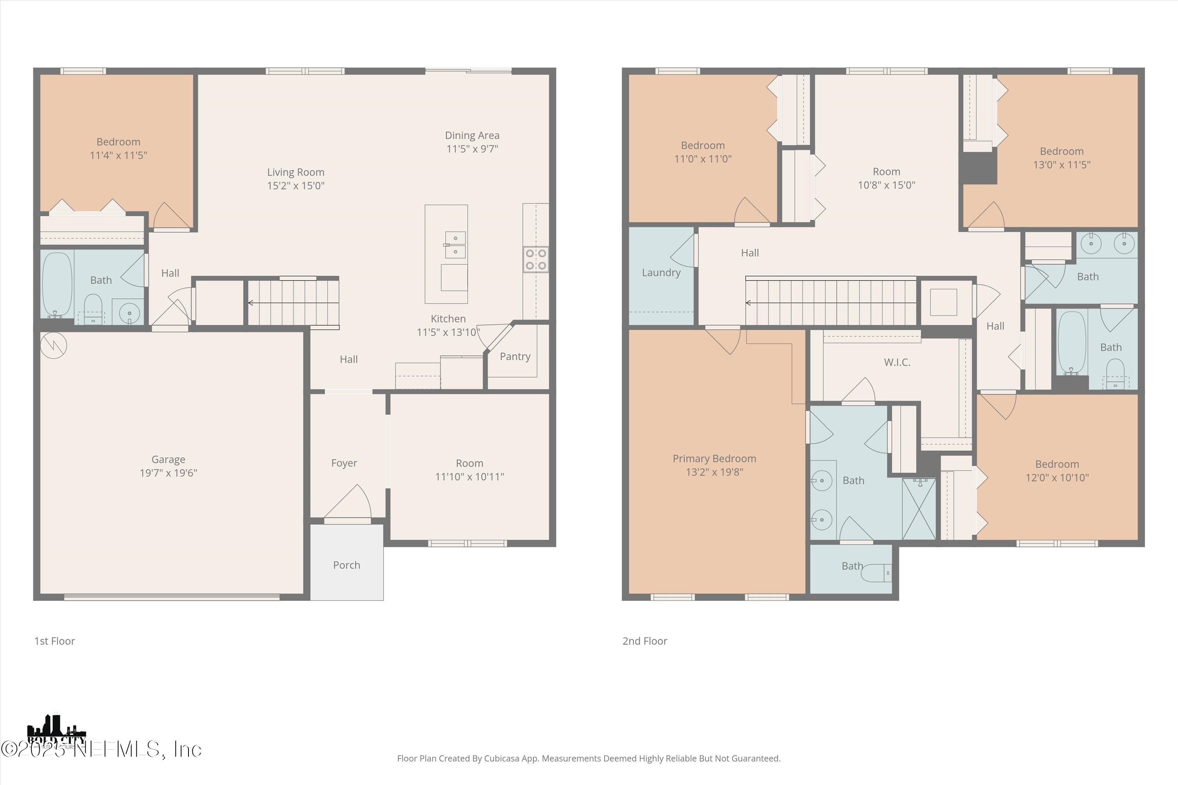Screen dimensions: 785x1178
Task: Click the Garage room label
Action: click(x=168, y=459)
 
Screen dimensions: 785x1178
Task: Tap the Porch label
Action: click(x=347, y=565)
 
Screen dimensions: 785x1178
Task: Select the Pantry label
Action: click(x=515, y=356)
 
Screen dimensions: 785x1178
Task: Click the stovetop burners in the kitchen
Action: click(x=536, y=259)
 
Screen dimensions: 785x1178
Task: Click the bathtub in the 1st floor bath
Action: click(x=57, y=284)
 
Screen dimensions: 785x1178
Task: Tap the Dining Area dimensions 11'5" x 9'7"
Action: click(x=472, y=149)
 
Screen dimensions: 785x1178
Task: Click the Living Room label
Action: click(x=296, y=172)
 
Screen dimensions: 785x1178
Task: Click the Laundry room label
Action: click(x=661, y=272)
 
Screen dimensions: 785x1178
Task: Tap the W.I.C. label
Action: click(x=897, y=362)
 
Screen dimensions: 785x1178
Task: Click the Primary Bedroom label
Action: click(x=714, y=458)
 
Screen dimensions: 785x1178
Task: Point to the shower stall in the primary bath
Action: click(x=918, y=509)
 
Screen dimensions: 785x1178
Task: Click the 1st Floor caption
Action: click(x=55, y=641)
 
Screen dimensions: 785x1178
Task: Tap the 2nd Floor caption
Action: click(x=645, y=641)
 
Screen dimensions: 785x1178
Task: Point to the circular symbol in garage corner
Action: click(x=53, y=345)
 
